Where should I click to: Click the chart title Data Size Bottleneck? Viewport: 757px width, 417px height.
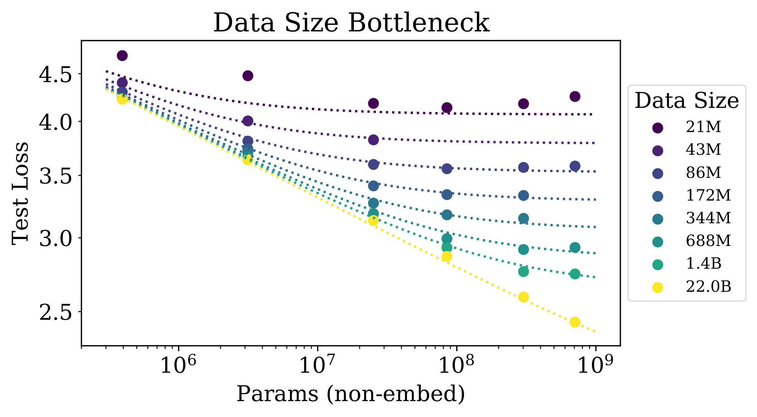(x=351, y=23)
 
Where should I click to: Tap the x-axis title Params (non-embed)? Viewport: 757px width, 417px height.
(x=350, y=394)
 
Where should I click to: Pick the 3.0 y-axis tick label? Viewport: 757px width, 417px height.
(x=55, y=238)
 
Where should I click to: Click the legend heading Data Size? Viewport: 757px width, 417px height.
(x=687, y=101)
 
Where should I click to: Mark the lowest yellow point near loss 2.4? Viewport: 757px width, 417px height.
(x=575, y=322)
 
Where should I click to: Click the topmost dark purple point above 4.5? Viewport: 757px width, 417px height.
(x=122, y=56)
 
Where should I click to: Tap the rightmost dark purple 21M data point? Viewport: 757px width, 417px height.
(x=575, y=96)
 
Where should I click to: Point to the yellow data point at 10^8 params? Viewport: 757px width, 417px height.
(x=447, y=257)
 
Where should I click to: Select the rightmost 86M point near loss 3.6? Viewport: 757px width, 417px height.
(x=575, y=166)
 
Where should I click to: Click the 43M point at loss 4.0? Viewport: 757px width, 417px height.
(x=248, y=121)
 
